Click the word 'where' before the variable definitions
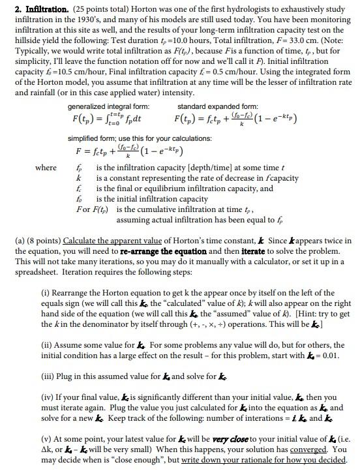click(x=45, y=168)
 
